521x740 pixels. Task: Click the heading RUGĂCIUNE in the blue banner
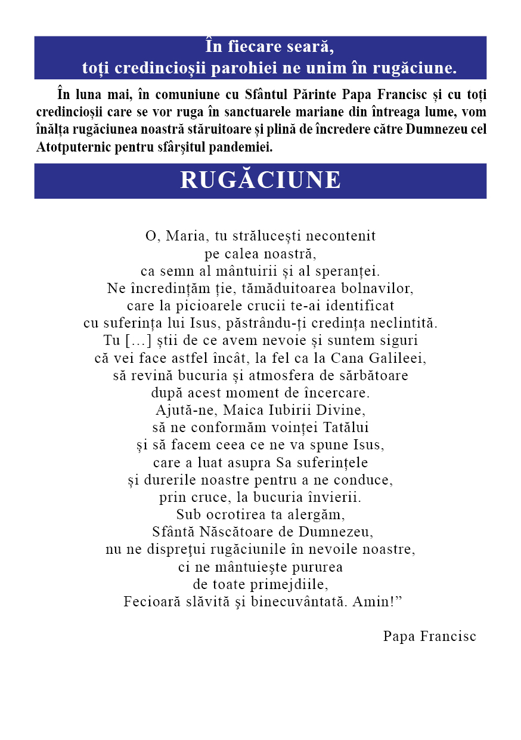(260, 180)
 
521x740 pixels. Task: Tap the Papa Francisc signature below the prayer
(429, 636)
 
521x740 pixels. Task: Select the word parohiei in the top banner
(248, 68)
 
